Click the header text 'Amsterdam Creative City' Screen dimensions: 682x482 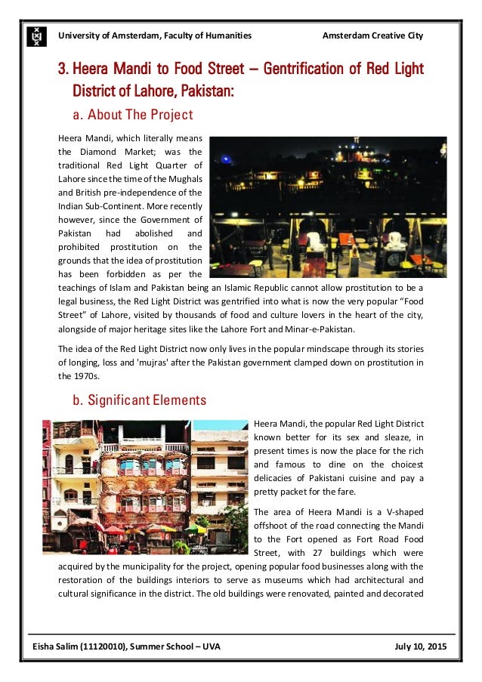[372, 35]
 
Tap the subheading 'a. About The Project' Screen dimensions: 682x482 [133, 116]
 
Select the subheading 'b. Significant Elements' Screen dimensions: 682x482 [139, 400]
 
